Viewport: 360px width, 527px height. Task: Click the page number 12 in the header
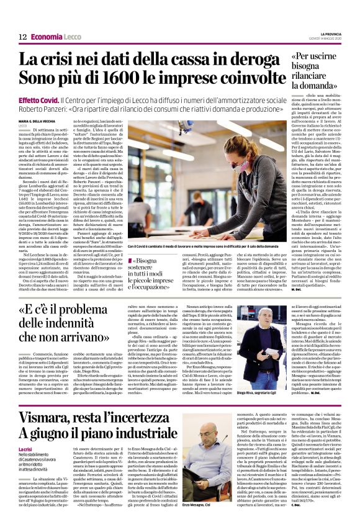(22, 37)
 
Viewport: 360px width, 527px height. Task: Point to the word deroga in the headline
(250, 60)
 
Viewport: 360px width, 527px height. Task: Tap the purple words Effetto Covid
(38, 100)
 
